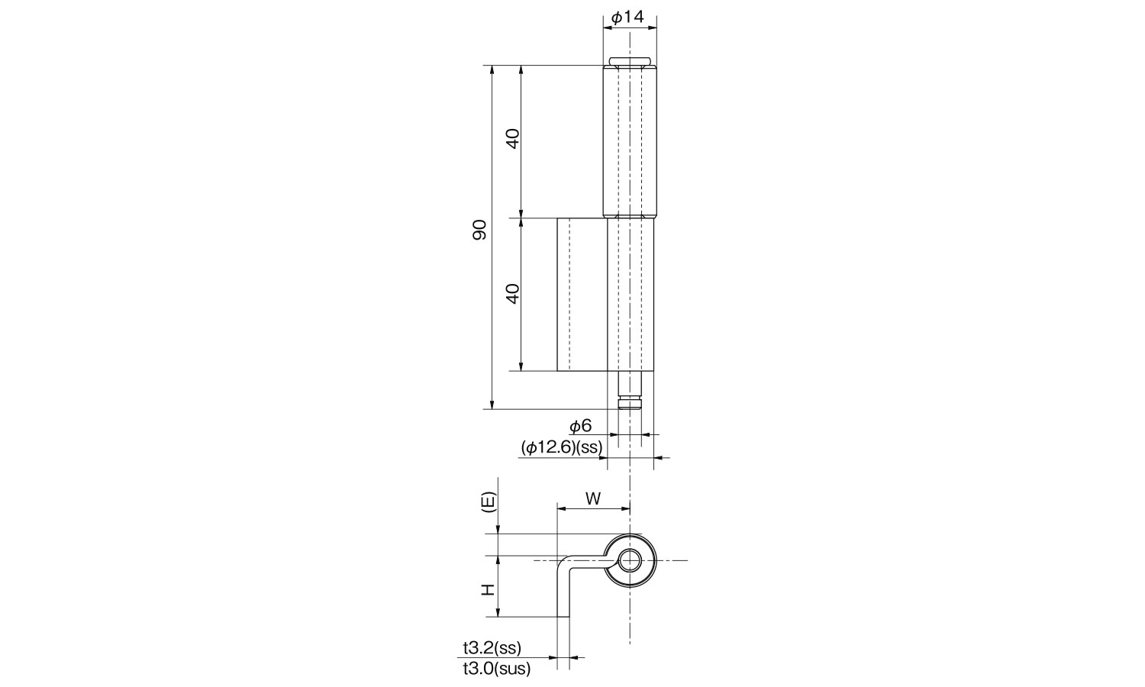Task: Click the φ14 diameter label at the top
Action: pyautogui.click(x=627, y=18)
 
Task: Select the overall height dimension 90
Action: pyautogui.click(x=479, y=230)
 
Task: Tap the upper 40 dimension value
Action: pyautogui.click(x=513, y=138)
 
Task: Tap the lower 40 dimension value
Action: pyautogui.click(x=513, y=293)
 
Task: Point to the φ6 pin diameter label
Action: pyautogui.click(x=581, y=426)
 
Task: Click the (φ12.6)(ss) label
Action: pyautogui.click(x=562, y=448)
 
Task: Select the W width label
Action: pyautogui.click(x=593, y=498)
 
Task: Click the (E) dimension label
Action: pyautogui.click(x=489, y=502)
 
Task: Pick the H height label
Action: pyautogui.click(x=489, y=589)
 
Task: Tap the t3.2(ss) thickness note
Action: pyautogui.click(x=492, y=647)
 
